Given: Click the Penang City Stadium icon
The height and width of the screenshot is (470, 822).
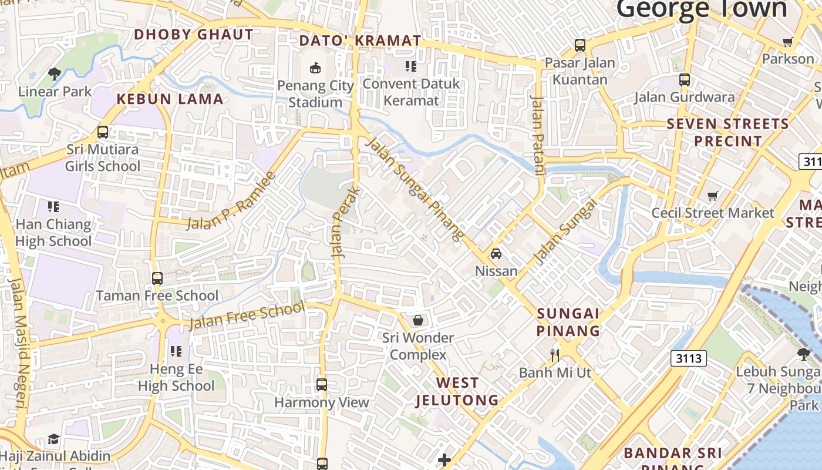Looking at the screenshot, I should (315, 68).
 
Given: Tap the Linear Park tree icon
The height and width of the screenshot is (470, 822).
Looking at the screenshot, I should (55, 74).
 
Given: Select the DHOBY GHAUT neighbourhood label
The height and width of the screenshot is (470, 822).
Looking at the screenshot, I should (194, 35).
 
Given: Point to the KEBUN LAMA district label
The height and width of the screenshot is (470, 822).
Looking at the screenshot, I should (170, 99).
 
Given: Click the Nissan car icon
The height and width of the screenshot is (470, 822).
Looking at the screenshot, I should (496, 254).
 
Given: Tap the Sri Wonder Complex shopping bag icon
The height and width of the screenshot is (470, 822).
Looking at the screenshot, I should (418, 320).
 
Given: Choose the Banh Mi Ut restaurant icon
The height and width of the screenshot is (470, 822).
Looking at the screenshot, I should (554, 355).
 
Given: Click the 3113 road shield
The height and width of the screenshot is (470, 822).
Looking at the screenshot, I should (688, 358).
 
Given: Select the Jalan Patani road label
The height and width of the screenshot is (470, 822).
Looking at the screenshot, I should (538, 136).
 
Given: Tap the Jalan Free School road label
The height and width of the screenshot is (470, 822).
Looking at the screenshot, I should (247, 316).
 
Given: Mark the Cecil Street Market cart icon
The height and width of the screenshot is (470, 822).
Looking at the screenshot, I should (713, 196).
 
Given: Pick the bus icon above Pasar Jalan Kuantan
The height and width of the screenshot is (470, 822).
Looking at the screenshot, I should (580, 45).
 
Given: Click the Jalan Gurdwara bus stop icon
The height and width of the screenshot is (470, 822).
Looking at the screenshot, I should (685, 80).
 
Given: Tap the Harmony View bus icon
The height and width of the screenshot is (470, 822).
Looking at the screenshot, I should (322, 385).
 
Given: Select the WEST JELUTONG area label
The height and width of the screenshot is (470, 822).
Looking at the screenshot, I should (457, 392).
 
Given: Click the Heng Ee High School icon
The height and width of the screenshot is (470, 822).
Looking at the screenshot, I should (176, 352).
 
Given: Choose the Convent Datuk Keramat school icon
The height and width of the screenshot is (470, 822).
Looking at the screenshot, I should (411, 66).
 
